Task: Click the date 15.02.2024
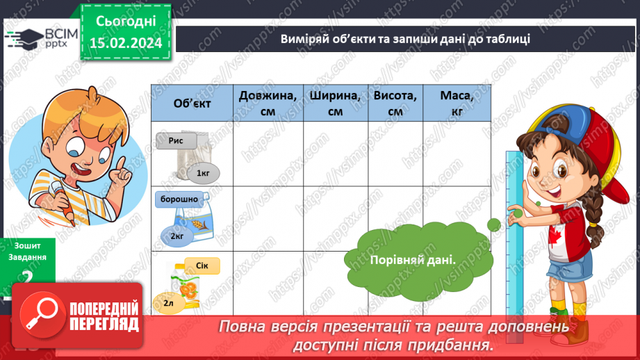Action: pos(126,44)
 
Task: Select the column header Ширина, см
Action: pos(336,103)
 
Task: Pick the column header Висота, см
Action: pos(395,103)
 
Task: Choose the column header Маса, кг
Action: pos(457,103)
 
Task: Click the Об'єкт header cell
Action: pos(192,103)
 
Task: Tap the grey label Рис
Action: pos(175,142)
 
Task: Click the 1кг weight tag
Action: pos(202,172)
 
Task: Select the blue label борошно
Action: pos(179,199)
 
